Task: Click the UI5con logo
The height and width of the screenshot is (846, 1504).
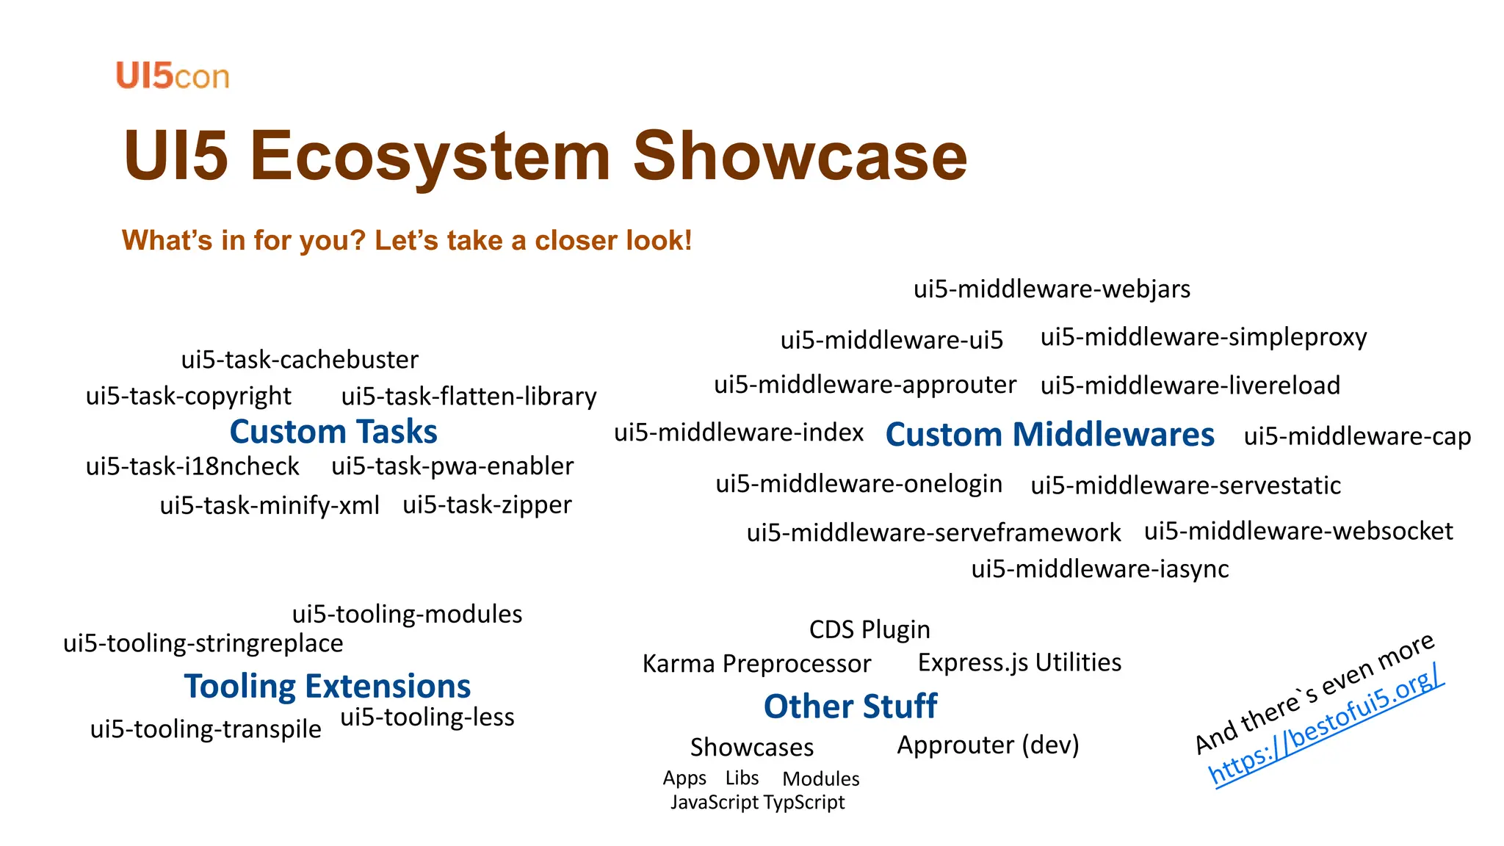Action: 173,76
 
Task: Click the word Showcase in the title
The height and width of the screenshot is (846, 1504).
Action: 800,156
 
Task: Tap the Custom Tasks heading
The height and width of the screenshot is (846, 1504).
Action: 333,432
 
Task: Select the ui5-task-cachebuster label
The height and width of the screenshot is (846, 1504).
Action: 300,360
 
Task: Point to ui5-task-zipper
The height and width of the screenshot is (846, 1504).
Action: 487,505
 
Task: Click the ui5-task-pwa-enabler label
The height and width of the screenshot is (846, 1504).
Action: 452,466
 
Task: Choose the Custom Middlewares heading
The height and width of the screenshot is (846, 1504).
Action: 1049,435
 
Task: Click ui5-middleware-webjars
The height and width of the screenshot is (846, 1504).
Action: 1052,289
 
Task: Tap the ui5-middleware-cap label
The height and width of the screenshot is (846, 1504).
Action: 1357,436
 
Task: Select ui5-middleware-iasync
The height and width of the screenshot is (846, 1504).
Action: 1099,569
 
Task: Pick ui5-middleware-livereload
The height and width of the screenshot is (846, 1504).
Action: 1190,386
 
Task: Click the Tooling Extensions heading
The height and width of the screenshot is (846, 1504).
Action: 328,687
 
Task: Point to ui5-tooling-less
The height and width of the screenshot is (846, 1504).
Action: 427,717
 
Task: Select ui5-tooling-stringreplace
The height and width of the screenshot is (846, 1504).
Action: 203,643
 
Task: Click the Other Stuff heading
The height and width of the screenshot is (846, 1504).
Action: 850,706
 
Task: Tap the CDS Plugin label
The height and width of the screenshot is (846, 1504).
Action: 869,630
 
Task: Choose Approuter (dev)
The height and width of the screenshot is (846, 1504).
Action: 988,745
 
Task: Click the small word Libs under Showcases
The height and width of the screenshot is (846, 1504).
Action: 742,778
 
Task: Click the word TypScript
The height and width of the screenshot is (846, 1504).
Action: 804,803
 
